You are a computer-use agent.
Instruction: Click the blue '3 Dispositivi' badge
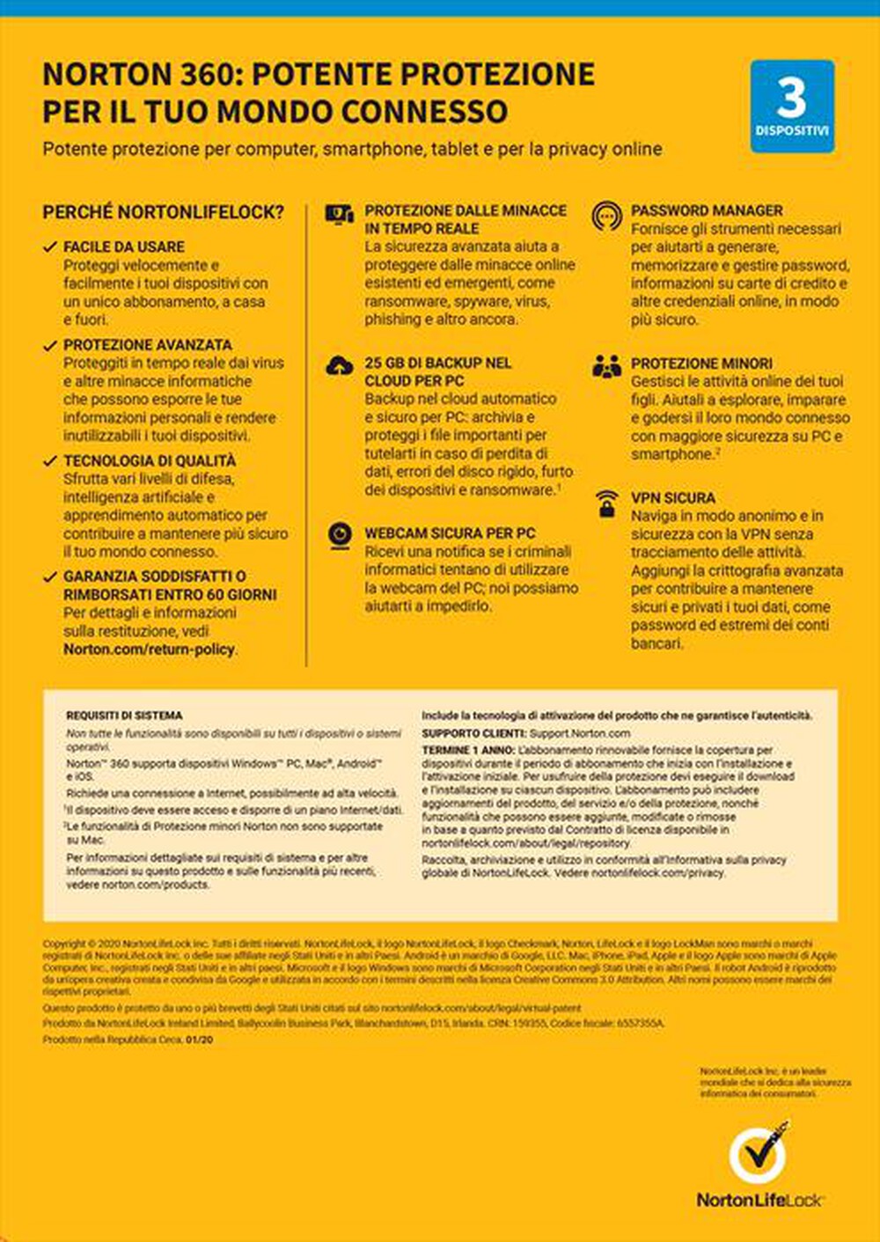[792, 107]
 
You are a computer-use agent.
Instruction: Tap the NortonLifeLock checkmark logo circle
[757, 1154]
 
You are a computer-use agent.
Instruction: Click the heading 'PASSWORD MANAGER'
[707, 210]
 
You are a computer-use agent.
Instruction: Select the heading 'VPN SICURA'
[672, 497]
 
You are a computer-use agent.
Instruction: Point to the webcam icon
[340, 534]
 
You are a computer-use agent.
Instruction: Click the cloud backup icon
[340, 365]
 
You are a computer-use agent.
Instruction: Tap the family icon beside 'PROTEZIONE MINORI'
[606, 365]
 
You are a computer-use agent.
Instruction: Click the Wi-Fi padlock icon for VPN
[606, 503]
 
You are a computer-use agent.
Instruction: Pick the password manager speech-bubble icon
[606, 215]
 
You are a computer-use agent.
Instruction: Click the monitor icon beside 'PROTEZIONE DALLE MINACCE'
[339, 214]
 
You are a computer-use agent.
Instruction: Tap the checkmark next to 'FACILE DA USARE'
[50, 247]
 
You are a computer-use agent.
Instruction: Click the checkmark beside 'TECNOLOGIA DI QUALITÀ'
[50, 461]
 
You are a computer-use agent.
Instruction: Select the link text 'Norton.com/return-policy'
[149, 650]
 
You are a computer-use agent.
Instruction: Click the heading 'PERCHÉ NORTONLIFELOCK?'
[163, 212]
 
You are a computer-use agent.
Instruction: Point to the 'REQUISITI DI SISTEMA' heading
[124, 716]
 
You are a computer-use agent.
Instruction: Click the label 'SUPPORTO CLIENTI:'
[473, 733]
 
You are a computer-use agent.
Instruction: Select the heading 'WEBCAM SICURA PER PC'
[450, 533]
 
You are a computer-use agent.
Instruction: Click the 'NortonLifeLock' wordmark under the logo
[759, 1200]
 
